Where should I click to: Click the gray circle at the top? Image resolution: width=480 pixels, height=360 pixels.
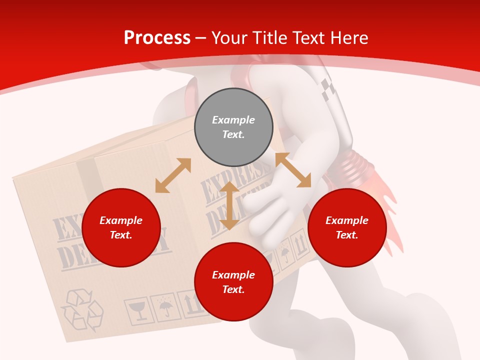(x=233, y=127)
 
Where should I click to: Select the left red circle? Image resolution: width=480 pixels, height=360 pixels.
(x=121, y=227)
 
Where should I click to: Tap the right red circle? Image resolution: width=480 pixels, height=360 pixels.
(x=347, y=227)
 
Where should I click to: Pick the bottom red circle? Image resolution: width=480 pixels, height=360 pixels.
(x=233, y=282)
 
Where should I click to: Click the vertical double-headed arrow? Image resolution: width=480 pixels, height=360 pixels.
(x=229, y=205)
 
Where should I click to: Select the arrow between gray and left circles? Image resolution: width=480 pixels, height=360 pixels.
(x=173, y=175)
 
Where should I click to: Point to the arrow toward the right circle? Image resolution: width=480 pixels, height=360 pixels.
(x=293, y=170)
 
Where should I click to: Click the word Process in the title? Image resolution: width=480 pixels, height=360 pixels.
(x=157, y=38)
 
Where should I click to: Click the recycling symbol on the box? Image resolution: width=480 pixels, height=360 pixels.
(x=81, y=310)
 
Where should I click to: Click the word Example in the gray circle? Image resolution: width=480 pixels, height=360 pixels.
(x=233, y=120)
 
